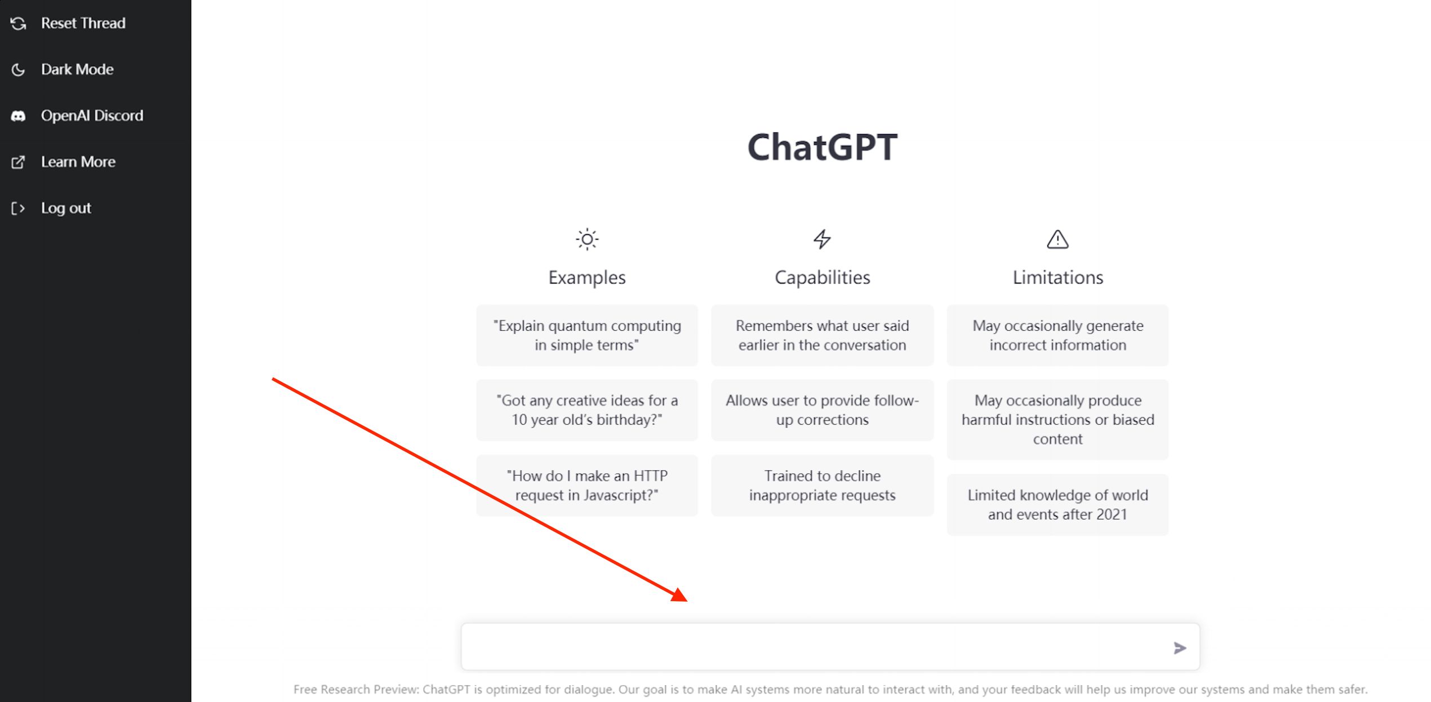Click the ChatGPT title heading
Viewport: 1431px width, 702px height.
pos(822,147)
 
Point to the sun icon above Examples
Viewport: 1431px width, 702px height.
pos(587,239)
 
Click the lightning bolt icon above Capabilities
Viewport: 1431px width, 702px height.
pos(822,239)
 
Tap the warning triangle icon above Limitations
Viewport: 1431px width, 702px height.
pos(1057,239)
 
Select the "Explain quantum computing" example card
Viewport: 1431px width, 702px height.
pos(587,335)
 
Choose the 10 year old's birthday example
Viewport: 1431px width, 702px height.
pos(587,410)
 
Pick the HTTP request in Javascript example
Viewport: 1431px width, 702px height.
pos(587,486)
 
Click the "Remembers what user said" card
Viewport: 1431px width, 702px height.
pos(822,335)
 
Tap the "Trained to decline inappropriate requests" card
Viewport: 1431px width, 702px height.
pos(822,486)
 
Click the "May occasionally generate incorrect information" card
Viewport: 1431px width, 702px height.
pos(1057,335)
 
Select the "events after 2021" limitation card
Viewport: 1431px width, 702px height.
pos(1057,505)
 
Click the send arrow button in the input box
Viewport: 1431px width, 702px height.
pos(1180,648)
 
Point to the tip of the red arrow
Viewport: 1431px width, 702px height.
pos(687,601)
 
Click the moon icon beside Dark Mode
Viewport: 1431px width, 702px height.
pos(18,69)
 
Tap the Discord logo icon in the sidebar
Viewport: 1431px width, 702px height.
pos(18,116)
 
